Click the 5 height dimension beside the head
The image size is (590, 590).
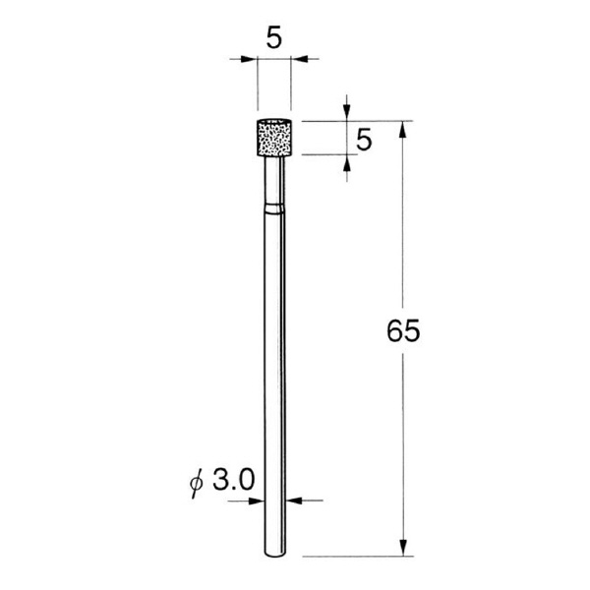tap(364, 140)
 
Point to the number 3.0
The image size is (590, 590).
tap(234, 480)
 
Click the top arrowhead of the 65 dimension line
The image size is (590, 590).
tap(403, 129)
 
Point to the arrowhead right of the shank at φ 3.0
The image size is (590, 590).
tap(297, 501)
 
